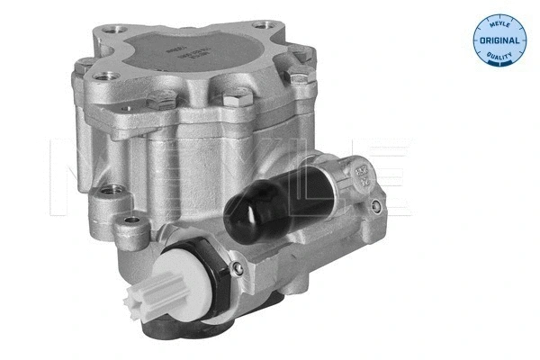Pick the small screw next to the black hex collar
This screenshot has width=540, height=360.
click(x=236, y=269)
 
